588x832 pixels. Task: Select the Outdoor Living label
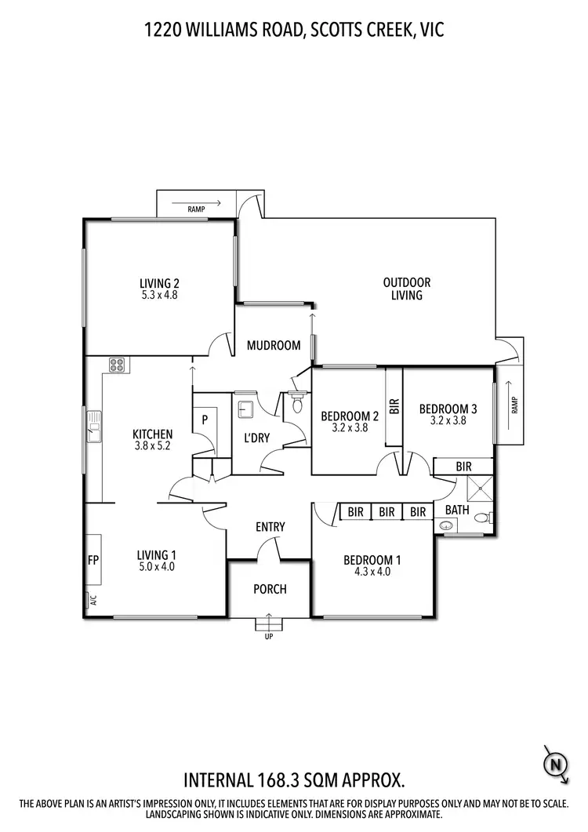click(x=407, y=289)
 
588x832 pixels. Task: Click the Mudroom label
click(x=274, y=345)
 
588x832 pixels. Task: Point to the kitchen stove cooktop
click(x=117, y=364)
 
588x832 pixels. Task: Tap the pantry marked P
click(x=205, y=420)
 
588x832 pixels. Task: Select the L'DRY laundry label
click(x=256, y=438)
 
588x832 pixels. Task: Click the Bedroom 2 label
click(x=350, y=416)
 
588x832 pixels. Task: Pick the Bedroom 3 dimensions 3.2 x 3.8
click(x=448, y=420)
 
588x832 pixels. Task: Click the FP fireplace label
click(x=92, y=561)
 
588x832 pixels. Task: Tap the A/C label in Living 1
click(x=92, y=601)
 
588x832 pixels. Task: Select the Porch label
click(x=270, y=589)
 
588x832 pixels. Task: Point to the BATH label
click(x=456, y=510)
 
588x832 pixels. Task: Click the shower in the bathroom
click(x=477, y=490)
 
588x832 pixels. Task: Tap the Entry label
click(x=270, y=527)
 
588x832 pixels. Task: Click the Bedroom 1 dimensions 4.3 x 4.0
click(x=372, y=572)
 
